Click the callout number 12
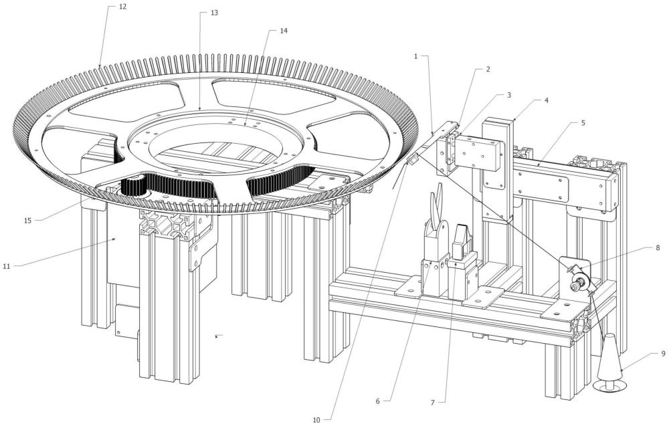click(123, 7)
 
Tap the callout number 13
click(214, 13)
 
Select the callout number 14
click(284, 31)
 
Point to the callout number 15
click(27, 221)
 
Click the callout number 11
click(7, 267)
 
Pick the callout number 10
click(316, 420)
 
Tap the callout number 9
click(663, 353)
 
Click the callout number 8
click(658, 247)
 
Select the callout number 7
click(432, 402)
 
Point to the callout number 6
click(377, 401)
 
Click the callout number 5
click(583, 123)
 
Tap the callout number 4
click(547, 100)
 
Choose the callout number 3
click(508, 95)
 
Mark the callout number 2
click(488, 69)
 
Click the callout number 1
click(416, 56)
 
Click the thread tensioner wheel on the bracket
click(579, 281)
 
